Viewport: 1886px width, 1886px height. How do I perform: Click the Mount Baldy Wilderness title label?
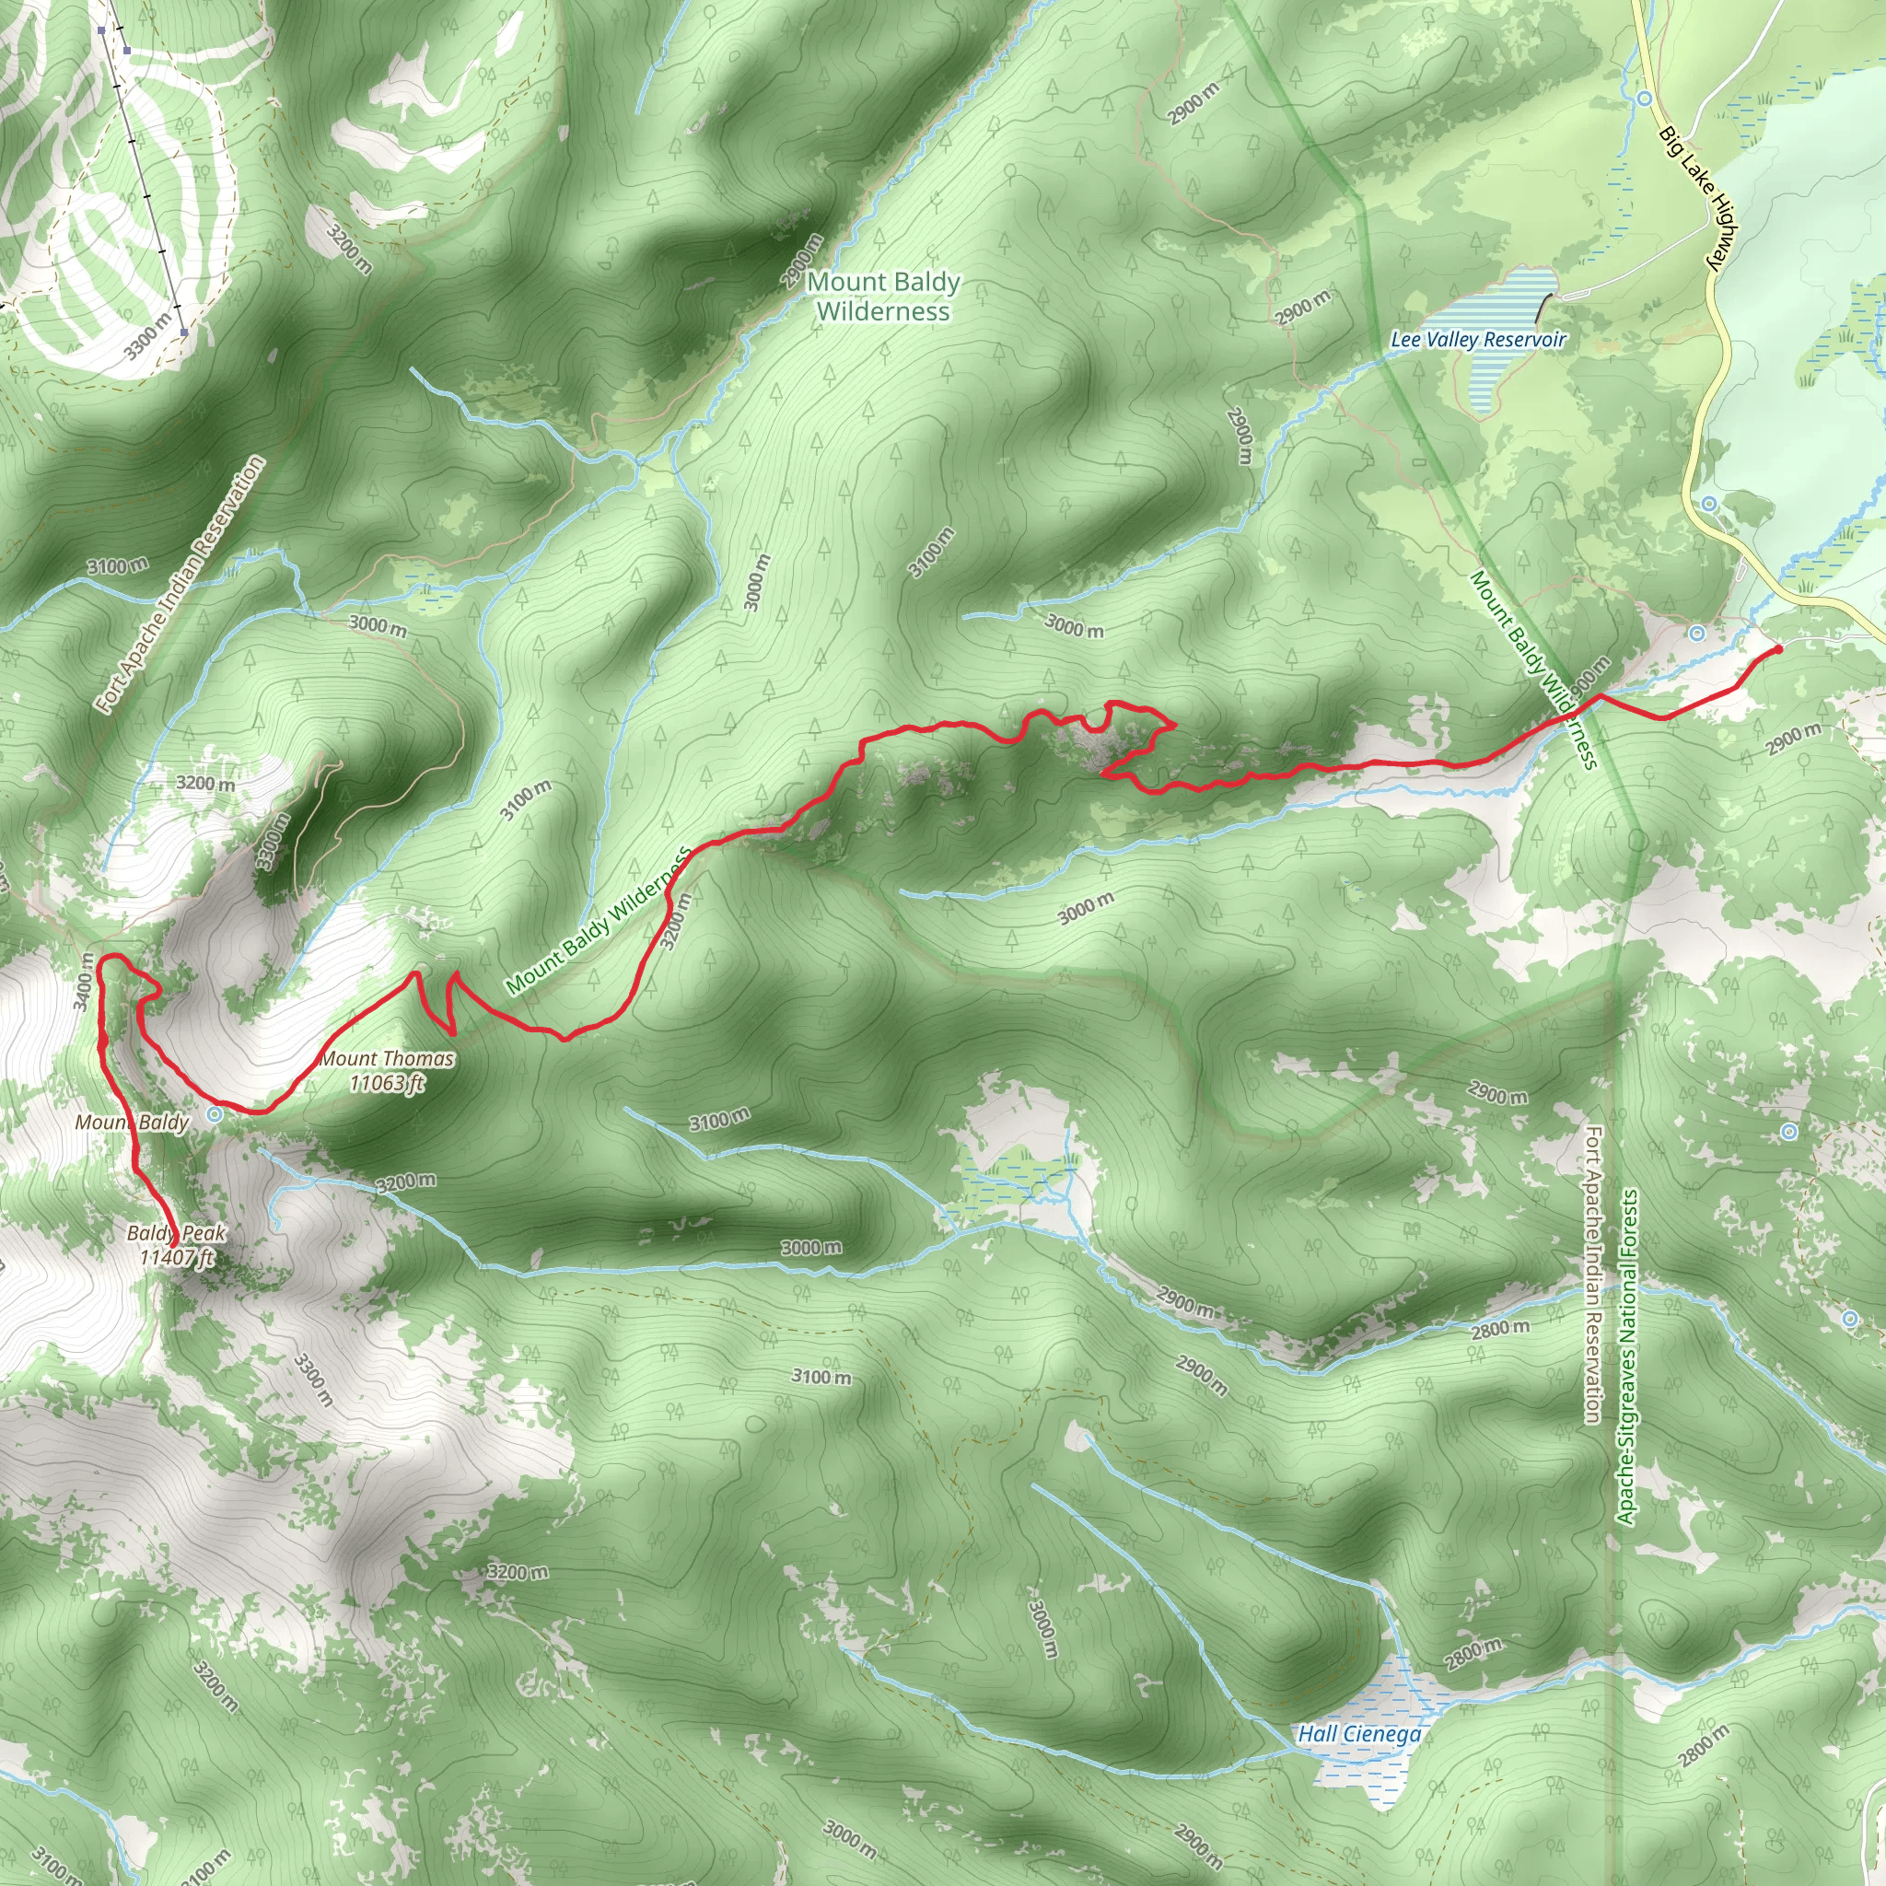click(882, 297)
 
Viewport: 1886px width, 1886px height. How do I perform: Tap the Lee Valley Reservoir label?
click(1478, 340)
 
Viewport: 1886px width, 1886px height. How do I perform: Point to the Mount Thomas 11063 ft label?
click(388, 1070)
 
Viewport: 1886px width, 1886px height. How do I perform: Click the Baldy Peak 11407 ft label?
click(177, 1245)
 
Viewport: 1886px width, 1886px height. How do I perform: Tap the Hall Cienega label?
click(1359, 1734)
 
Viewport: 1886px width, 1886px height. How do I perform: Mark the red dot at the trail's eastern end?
click(1777, 649)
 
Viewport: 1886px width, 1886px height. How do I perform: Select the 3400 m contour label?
click(84, 980)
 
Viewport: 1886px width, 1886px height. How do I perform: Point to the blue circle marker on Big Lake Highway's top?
click(1645, 99)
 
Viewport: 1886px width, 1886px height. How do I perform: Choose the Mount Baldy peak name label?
click(132, 1123)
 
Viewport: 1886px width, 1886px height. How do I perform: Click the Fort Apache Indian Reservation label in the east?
click(1592, 1275)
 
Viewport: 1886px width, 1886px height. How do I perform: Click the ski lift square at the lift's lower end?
click(183, 332)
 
